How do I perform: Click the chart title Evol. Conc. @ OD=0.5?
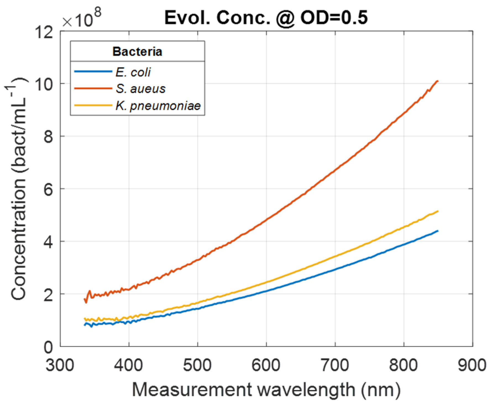pyautogui.click(x=266, y=18)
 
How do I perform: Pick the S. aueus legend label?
pyautogui.click(x=140, y=89)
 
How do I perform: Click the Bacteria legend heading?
pyautogui.click(x=137, y=52)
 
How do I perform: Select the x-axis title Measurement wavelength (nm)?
pyautogui.click(x=266, y=390)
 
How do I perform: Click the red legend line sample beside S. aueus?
pyautogui.click(x=93, y=89)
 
